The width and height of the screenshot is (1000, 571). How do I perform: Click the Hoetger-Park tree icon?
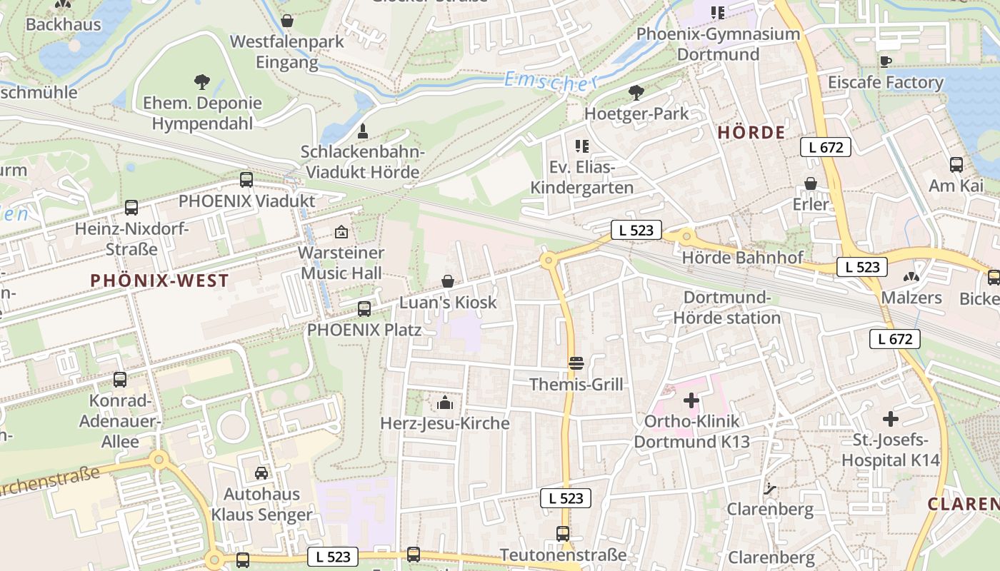click(x=636, y=92)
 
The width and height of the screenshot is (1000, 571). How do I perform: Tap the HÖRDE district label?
click(x=751, y=133)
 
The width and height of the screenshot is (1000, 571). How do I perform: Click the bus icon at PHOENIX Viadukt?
click(x=246, y=180)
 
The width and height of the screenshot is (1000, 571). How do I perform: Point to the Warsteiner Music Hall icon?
click(x=341, y=232)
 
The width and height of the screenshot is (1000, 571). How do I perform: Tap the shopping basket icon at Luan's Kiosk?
click(x=448, y=281)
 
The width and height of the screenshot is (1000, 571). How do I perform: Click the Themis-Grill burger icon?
click(x=576, y=363)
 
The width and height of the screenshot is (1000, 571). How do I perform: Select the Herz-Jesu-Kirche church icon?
click(x=445, y=403)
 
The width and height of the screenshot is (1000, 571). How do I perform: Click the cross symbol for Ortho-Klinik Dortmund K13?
click(x=691, y=400)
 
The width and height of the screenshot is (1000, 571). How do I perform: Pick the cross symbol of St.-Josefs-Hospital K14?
click(x=890, y=419)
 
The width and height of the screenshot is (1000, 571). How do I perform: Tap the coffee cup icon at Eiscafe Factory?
click(x=886, y=61)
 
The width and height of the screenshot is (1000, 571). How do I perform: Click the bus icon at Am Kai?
click(x=956, y=165)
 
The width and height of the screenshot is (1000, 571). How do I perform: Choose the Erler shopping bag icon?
click(x=811, y=183)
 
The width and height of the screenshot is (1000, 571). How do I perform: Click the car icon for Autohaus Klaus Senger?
click(x=261, y=473)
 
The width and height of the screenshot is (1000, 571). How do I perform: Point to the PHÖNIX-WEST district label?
click(x=159, y=281)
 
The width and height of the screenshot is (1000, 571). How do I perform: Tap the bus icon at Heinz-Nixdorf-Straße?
click(x=131, y=208)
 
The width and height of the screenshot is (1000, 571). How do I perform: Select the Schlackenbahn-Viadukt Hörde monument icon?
click(x=362, y=131)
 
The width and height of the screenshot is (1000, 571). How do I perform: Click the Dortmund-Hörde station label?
click(x=727, y=308)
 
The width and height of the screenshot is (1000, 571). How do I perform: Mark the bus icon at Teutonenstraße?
click(x=563, y=533)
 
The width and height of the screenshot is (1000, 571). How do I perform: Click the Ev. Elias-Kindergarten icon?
click(x=582, y=146)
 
